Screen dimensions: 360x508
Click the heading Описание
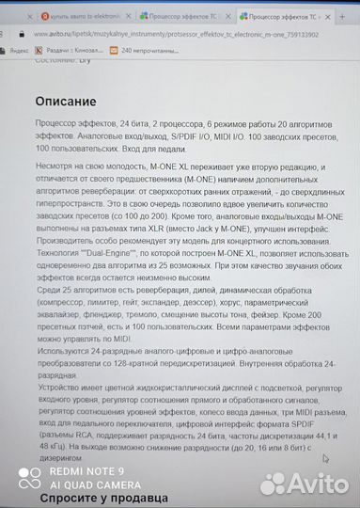65,101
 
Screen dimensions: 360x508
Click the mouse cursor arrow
326,460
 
